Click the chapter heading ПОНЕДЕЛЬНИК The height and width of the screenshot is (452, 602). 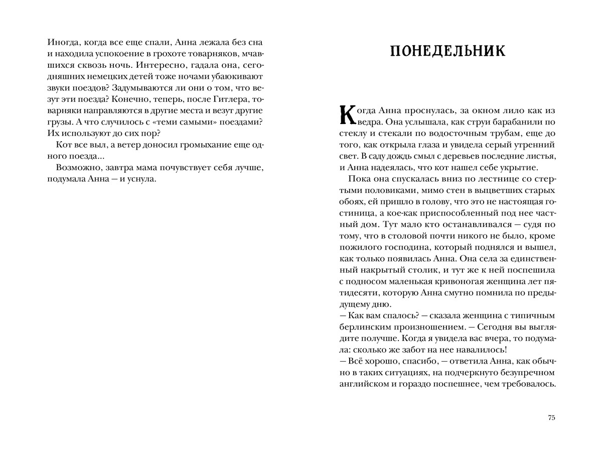[447, 52]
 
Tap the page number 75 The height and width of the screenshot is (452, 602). [552, 418]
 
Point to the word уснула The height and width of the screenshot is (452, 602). [143, 179]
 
